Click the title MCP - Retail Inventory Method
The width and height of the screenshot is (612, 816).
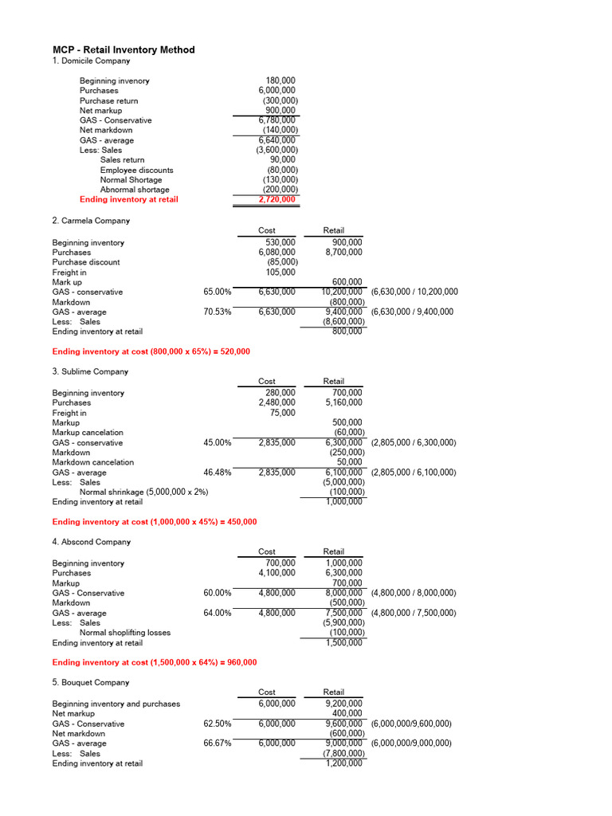124,49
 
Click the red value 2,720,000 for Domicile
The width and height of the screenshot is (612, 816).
277,199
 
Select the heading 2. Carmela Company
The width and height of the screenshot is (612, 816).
91,220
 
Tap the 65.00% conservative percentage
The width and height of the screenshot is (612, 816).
217,292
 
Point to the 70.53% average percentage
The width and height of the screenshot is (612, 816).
217,312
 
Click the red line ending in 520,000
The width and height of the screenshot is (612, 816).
151,351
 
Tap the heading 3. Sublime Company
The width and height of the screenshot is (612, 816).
90,371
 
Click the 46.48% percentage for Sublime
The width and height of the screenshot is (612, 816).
217,472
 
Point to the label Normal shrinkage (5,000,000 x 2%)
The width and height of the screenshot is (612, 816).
144,492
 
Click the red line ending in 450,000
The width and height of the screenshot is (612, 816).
154,521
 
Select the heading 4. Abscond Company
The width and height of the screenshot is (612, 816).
91,542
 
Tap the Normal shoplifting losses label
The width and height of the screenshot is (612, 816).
125,633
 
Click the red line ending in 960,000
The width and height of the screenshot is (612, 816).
154,662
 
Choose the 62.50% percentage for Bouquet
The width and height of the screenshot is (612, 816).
217,724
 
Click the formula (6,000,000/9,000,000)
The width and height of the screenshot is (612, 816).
411,743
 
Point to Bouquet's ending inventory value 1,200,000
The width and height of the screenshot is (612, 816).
343,763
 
